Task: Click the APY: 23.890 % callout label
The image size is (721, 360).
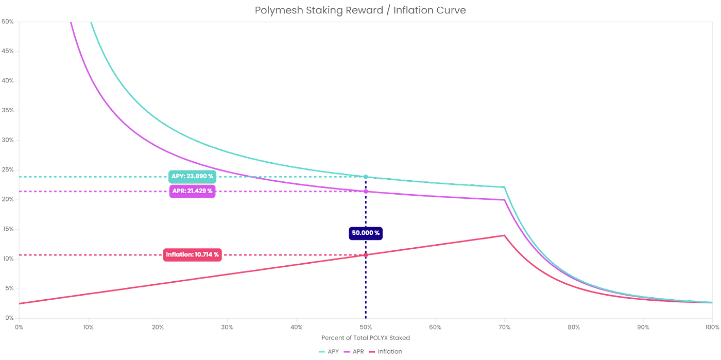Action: (x=192, y=176)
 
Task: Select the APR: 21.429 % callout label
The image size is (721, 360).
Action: (x=192, y=191)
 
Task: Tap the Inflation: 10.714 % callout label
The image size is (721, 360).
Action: (x=192, y=254)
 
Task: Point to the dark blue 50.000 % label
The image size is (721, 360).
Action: (x=366, y=233)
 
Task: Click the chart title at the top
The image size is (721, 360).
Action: (x=360, y=10)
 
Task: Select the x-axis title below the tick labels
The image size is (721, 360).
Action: (x=365, y=338)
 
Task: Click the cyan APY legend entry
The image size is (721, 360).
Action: (x=327, y=352)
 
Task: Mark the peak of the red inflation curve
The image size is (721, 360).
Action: (x=503, y=235)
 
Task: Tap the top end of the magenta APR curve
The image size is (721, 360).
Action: (x=70, y=23)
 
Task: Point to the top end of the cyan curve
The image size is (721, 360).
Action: (x=91, y=23)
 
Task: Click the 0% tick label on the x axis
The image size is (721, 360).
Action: (x=19, y=327)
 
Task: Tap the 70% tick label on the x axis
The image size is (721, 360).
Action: (x=504, y=327)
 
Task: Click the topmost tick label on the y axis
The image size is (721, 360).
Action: (x=9, y=21)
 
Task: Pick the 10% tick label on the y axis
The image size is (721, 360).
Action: (x=9, y=258)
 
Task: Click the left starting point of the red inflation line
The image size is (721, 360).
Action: (x=19, y=303)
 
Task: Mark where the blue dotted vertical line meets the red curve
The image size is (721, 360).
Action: (x=366, y=254)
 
